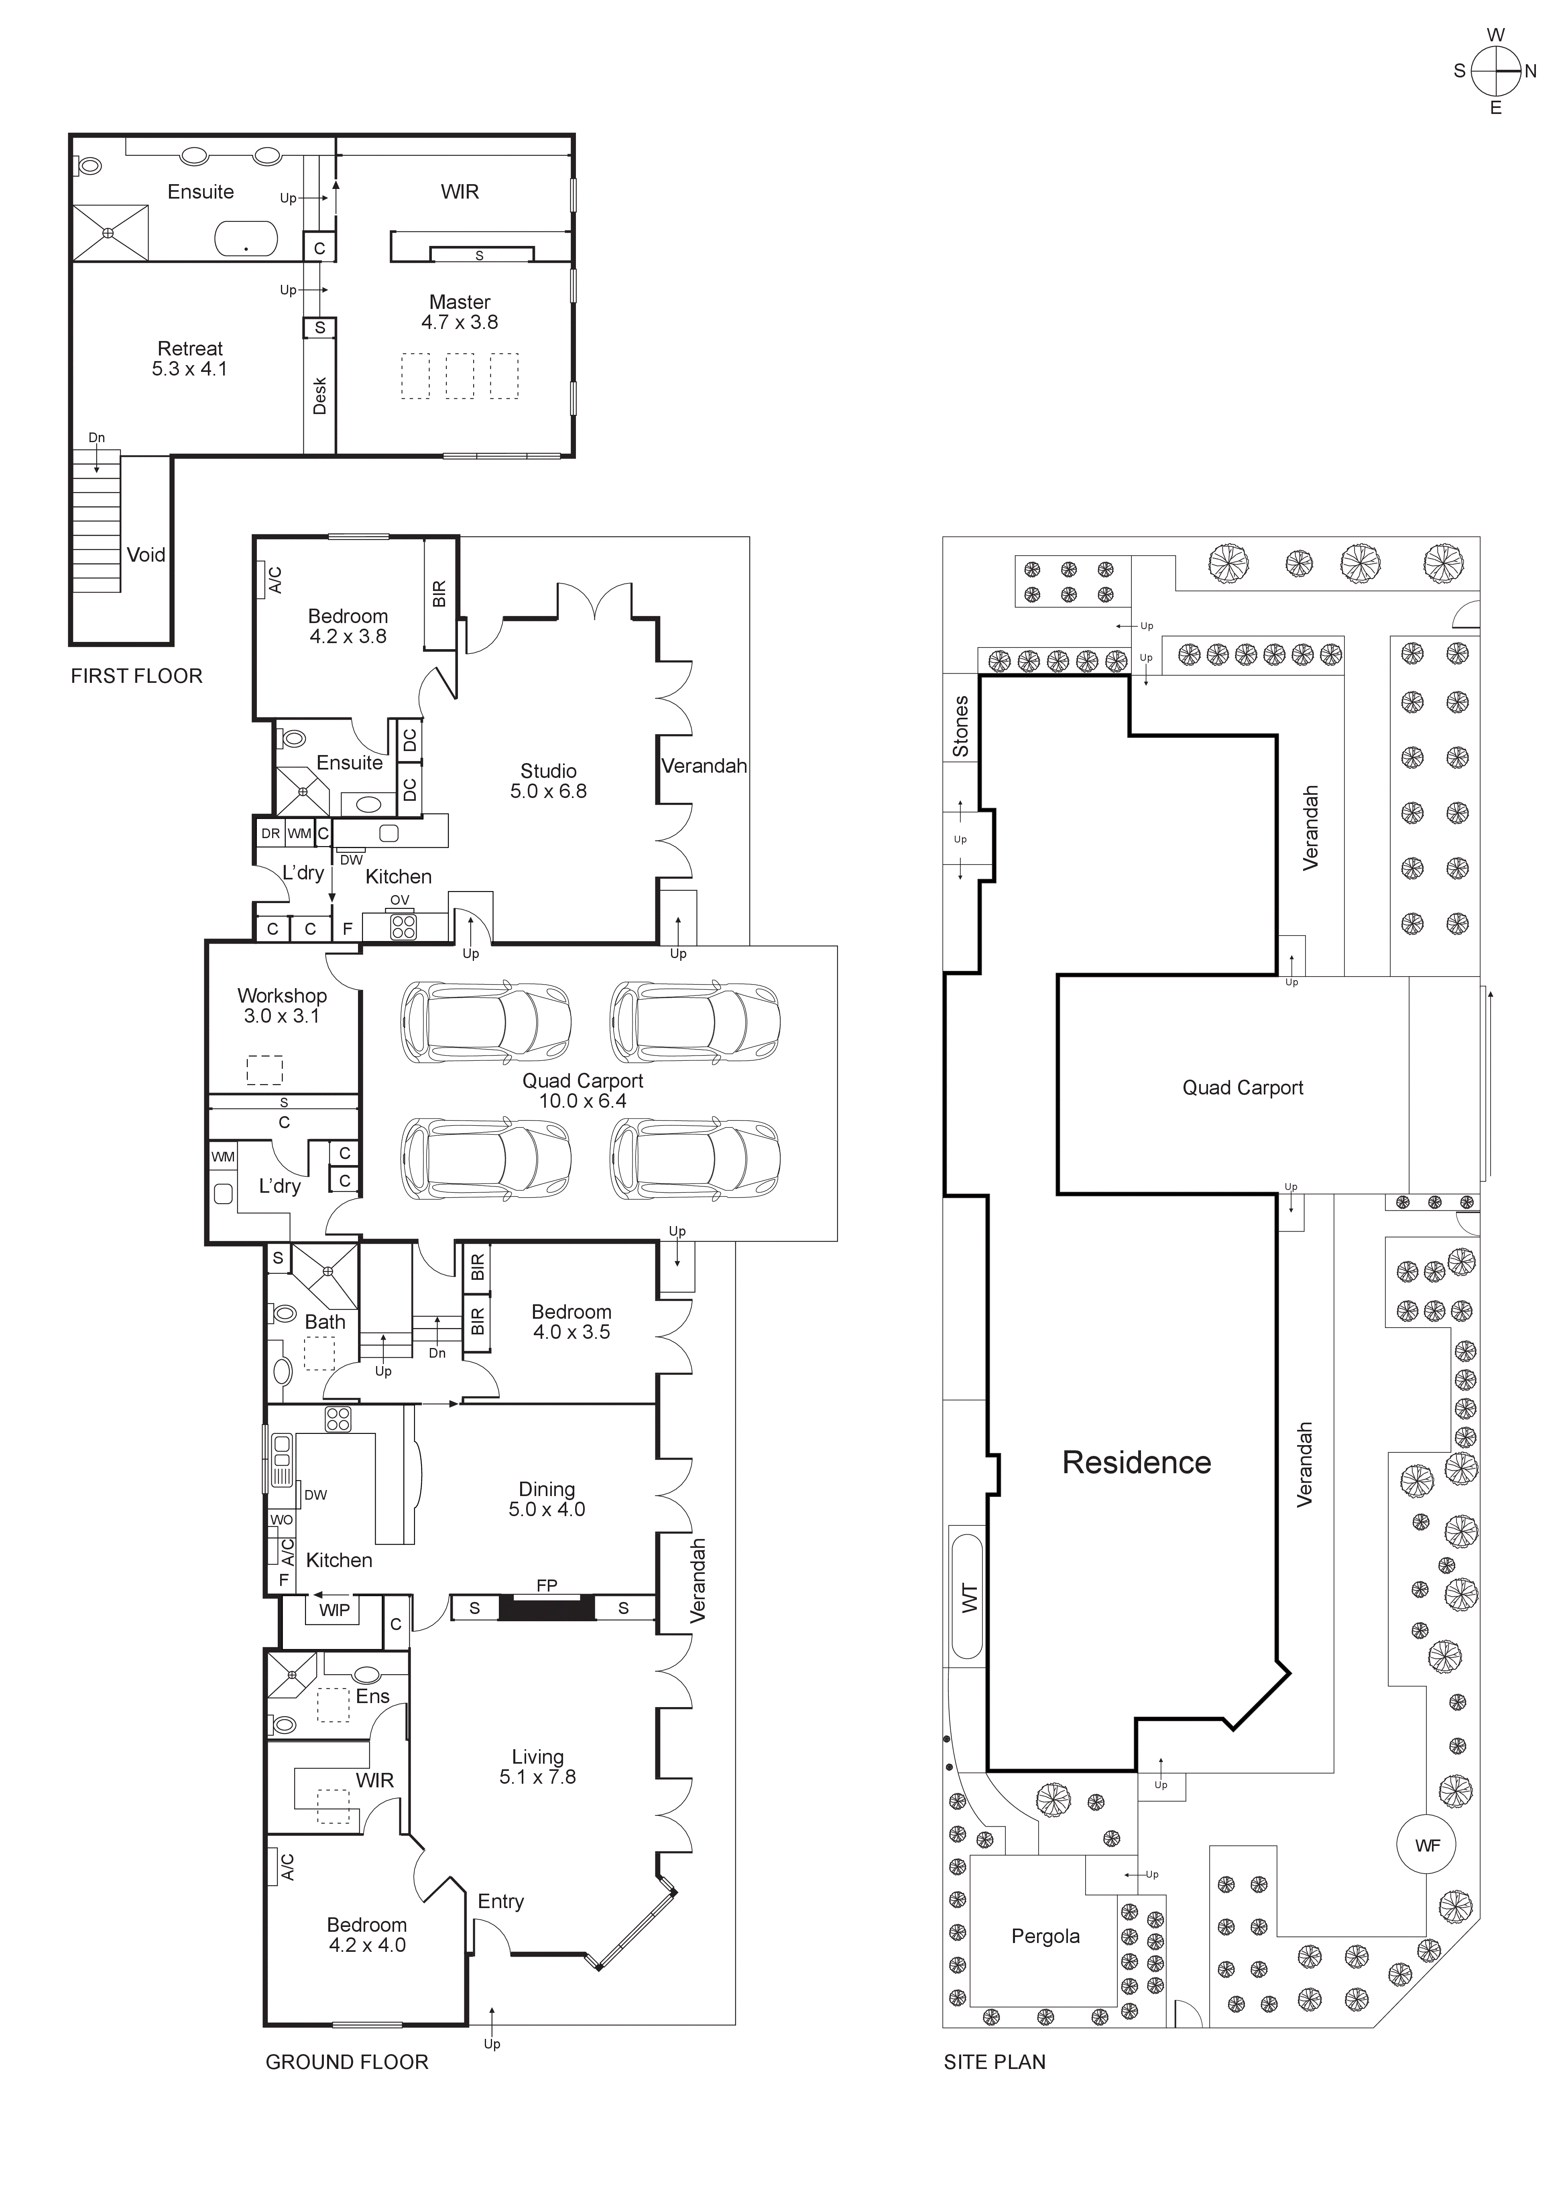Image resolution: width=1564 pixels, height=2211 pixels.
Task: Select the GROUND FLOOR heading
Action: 347,2062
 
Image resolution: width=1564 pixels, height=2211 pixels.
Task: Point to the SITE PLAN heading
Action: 994,2062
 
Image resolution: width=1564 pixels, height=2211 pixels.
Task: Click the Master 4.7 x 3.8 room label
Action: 460,312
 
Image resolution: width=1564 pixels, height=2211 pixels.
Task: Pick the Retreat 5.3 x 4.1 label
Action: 190,358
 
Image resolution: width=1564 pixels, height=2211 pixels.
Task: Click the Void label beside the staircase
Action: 145,555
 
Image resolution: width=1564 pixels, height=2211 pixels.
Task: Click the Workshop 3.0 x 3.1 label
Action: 282,1005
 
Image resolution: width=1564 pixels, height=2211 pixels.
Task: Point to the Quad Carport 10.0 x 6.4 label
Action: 583,1090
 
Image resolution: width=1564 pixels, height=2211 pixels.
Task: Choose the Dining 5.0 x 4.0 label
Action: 547,1499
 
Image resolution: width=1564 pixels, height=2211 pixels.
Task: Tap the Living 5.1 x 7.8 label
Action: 537,1767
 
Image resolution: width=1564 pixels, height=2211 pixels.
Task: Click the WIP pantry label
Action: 334,1610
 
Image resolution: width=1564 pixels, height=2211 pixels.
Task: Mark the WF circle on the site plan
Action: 1427,1846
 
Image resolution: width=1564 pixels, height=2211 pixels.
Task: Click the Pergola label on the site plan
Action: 1045,1937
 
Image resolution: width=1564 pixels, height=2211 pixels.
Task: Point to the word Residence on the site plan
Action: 1137,1463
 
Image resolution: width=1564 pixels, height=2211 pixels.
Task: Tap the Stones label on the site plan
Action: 960,726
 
